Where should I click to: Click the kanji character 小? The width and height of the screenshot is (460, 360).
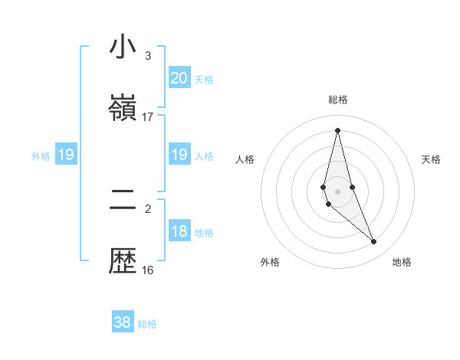point(123,47)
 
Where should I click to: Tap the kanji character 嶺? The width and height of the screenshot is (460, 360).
point(123,108)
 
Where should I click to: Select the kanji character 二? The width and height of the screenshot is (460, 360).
point(123,201)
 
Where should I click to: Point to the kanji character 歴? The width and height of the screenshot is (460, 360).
point(123,262)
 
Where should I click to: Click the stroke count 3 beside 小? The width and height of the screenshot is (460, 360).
point(148,56)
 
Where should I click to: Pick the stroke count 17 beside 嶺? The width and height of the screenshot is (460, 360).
point(148,117)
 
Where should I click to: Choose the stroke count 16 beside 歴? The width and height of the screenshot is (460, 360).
point(148,270)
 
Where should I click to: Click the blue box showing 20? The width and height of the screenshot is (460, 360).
point(179,77)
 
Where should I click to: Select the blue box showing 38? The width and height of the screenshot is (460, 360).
point(123,322)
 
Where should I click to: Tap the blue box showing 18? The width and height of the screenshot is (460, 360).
point(179,231)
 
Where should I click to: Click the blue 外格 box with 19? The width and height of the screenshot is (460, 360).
point(65,155)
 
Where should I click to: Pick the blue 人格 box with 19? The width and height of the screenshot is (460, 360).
point(179,155)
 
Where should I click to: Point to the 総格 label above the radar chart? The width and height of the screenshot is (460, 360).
point(337,100)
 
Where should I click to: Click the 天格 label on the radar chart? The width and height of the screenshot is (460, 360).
point(431,159)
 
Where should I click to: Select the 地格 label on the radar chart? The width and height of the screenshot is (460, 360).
point(402,263)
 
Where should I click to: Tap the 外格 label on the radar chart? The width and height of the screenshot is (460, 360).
point(270,263)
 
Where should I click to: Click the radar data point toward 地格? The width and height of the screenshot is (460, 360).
point(374,242)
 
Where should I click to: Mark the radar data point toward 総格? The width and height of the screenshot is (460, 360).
point(337,130)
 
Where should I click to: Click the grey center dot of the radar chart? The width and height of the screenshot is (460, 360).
point(337,191)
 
